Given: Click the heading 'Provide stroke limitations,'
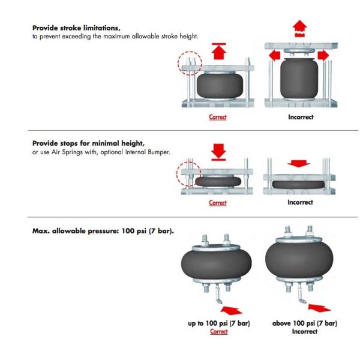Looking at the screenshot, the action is [76, 28].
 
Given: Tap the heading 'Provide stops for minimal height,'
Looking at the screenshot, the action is [88, 143].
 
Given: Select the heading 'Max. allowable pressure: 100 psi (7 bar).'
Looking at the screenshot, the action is [103, 231].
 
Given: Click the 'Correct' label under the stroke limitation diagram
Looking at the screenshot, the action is [218, 117].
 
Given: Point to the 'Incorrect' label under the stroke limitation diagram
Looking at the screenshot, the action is [301, 117].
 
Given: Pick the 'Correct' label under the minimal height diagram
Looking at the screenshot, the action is [218, 203].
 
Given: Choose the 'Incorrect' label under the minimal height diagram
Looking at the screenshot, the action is [301, 202].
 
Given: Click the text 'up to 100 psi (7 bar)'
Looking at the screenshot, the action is [219, 323].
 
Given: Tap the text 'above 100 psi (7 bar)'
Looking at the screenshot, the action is [305, 323].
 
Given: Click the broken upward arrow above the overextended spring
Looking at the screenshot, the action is [299, 29].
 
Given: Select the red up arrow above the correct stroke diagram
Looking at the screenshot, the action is [219, 51].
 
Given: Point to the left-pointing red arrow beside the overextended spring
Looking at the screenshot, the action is [274, 56].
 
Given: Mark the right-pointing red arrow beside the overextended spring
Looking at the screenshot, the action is [323, 56].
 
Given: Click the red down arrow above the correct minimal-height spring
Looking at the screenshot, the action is [218, 152].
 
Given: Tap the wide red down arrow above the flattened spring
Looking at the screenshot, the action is [299, 163].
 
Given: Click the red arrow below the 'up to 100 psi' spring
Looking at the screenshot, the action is [231, 310].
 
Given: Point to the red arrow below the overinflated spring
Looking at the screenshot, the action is [319, 308].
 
